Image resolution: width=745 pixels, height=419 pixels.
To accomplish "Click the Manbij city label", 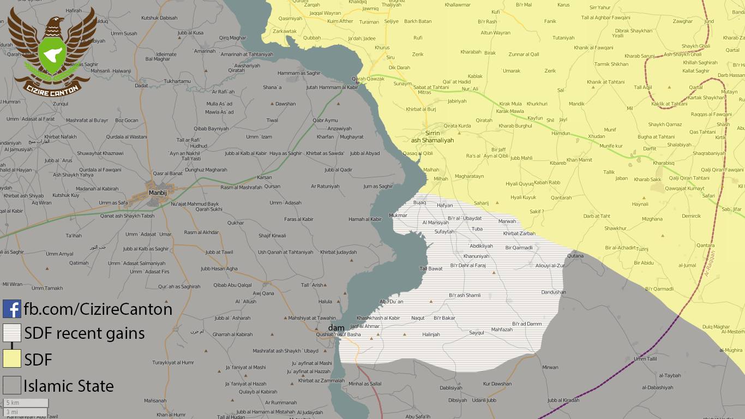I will [x=157, y=193].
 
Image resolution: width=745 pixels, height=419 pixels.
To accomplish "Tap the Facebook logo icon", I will [x=11, y=309].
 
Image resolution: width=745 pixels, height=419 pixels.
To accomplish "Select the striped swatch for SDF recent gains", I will [x=11, y=333].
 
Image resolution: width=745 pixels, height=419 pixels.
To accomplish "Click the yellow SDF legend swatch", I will [x=11, y=359].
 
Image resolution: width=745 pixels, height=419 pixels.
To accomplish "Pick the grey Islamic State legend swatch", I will [x=11, y=385].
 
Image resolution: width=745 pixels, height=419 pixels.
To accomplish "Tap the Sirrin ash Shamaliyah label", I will [x=432, y=136].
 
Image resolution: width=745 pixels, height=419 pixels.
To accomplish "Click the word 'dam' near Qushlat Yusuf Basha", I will [x=336, y=327].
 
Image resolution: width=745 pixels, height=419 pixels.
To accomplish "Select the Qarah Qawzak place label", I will [x=368, y=79].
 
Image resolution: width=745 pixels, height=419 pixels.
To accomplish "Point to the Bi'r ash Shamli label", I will [x=465, y=295].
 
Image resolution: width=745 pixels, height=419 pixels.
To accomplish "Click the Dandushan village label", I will [x=554, y=292].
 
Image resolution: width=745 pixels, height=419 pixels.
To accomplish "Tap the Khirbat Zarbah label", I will [x=519, y=234].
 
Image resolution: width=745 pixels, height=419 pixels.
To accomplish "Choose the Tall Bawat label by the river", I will [x=431, y=268].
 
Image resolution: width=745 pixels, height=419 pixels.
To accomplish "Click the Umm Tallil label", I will [x=646, y=358].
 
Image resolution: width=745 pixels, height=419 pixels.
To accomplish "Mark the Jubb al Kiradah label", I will [x=563, y=400].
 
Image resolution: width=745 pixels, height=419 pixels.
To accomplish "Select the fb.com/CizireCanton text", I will [x=98, y=309].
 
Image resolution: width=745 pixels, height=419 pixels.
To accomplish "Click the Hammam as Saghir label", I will [x=299, y=73].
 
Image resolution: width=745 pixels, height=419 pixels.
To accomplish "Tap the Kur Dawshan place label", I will [x=497, y=384].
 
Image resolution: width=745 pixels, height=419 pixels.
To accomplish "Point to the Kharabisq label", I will [x=664, y=163].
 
